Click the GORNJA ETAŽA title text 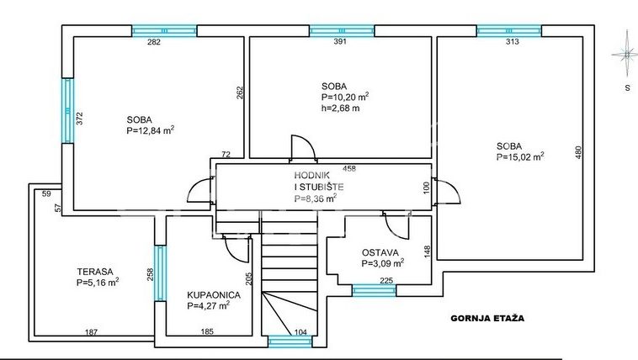487,318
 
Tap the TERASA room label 95,272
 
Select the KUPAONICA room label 214,295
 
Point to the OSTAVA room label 380,252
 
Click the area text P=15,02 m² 520,156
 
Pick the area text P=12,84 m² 151,130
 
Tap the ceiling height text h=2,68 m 341,109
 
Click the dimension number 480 578,152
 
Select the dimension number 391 340,41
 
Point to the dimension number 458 349,168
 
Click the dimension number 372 80,119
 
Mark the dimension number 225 386,280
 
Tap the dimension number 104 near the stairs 300,332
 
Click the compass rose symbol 625,54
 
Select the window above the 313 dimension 509,31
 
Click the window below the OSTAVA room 374,290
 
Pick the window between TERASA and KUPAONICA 160,273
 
